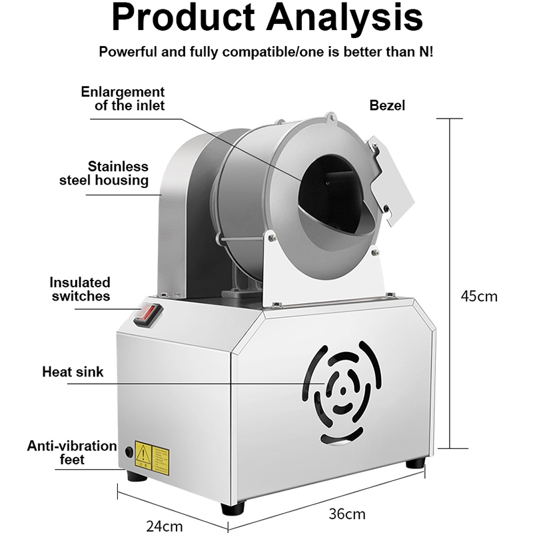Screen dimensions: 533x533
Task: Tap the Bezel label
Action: coord(387,105)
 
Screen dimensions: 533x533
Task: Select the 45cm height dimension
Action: coord(479,296)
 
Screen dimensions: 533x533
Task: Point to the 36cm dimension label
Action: coord(348,514)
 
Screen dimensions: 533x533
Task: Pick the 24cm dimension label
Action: coord(164,526)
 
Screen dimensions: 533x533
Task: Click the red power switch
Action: coord(149,314)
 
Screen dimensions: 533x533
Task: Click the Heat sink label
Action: coord(73,371)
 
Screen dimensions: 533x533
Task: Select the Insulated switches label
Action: coord(81,289)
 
